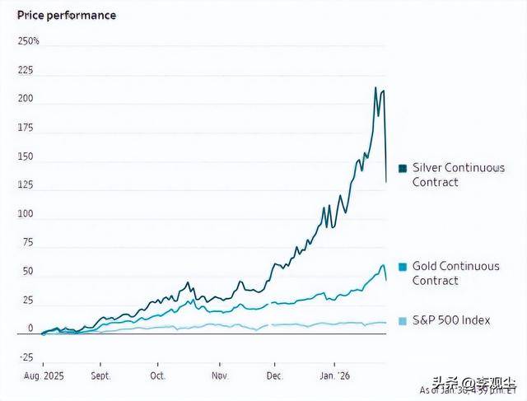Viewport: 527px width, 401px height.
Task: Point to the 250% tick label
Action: tap(28, 41)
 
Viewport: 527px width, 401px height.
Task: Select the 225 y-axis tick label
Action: tap(26, 71)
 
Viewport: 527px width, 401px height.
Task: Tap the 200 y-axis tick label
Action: tap(26, 100)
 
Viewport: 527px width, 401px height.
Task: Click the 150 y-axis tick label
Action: tap(26, 156)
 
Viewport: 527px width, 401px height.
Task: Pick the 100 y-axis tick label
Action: tap(26, 214)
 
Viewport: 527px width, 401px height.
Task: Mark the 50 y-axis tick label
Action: tap(28, 272)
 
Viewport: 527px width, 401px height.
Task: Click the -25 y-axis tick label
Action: tap(26, 357)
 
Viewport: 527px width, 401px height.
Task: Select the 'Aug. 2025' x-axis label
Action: tap(43, 375)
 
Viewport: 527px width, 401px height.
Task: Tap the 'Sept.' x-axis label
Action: tap(100, 375)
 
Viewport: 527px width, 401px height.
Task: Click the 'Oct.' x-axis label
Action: tap(158, 375)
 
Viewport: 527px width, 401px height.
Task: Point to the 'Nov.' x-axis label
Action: tap(219, 375)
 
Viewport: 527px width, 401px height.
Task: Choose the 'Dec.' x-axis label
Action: tap(274, 375)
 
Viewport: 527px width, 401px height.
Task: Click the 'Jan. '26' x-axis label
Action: tap(333, 375)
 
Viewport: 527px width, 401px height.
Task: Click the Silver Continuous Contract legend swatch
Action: tap(403, 168)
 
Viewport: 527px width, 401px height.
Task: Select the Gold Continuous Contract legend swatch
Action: tap(403, 267)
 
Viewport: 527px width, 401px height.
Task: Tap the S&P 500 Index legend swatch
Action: tap(403, 320)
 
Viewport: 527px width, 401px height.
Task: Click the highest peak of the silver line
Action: tap(375, 87)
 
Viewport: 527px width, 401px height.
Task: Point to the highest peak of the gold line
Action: tap(383, 264)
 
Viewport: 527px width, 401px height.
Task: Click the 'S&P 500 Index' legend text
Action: tap(451, 320)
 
